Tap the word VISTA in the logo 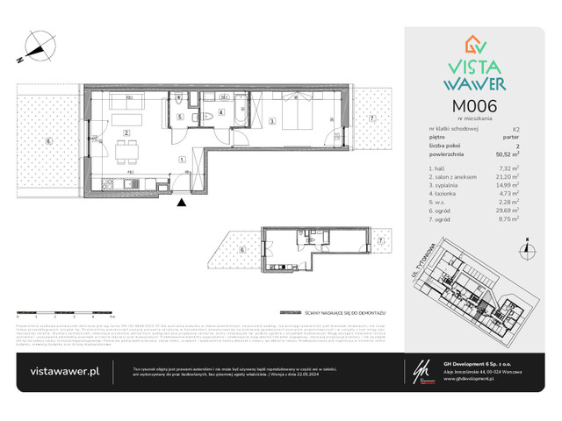(x=471, y=61)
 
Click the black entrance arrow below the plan (x=182, y=203)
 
